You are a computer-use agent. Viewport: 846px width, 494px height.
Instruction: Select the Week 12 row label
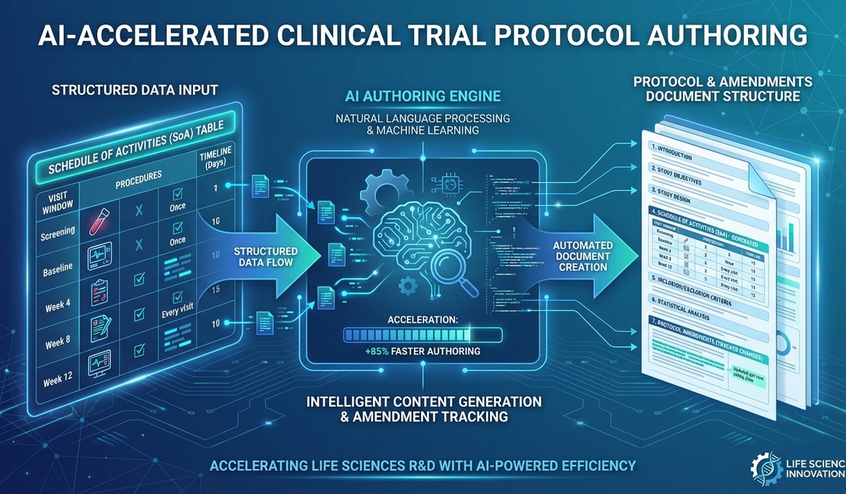[58, 378]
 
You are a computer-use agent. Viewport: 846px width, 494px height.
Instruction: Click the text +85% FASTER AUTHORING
[422, 351]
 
